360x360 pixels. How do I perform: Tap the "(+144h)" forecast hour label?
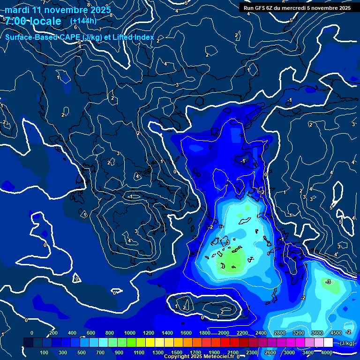click(84, 21)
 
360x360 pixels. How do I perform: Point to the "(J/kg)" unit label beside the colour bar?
click(347, 343)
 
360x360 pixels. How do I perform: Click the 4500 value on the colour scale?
click(336, 333)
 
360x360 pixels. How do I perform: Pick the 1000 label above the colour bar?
click(130, 333)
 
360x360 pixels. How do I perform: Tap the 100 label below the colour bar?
click(44, 352)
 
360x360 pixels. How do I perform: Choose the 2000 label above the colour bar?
click(224, 333)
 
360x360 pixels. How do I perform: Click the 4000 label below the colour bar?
click(327, 352)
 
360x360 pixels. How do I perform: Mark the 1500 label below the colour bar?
click(177, 352)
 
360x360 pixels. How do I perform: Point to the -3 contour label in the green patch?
click(329, 282)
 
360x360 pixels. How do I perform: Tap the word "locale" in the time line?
click(44, 21)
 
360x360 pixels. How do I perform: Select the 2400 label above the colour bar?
click(261, 333)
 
